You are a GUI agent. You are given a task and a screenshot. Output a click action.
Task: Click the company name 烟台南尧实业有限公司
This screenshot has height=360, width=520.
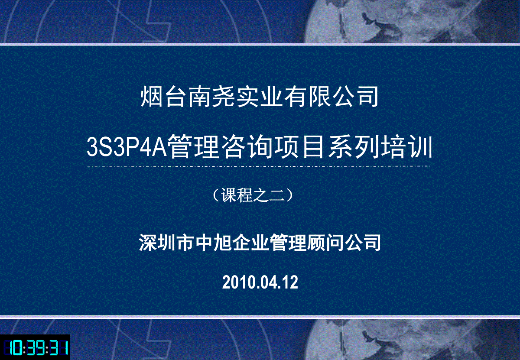[x=259, y=97]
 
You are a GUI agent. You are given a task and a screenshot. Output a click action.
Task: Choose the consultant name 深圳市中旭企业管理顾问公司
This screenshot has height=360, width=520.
[x=260, y=243]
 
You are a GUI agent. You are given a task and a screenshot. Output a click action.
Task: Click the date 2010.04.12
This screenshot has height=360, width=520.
[x=260, y=282]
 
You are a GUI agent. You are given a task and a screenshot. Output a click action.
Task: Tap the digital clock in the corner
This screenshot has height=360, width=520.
[x=35, y=347]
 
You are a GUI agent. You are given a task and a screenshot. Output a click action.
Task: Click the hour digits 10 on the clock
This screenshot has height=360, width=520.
[x=12, y=347]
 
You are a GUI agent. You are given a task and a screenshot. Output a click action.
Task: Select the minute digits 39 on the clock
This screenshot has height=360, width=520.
[x=35, y=347]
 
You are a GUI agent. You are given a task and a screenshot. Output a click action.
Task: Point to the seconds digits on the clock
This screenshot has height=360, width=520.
[x=58, y=347]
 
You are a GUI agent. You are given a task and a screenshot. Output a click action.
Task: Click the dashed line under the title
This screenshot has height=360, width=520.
[x=259, y=166]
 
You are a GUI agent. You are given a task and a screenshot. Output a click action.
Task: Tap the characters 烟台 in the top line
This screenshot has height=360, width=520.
[x=164, y=97]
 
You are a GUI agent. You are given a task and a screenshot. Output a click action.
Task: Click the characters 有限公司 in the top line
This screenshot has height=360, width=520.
[x=331, y=97]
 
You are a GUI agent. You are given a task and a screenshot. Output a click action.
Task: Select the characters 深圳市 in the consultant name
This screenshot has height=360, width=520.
[x=166, y=243]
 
